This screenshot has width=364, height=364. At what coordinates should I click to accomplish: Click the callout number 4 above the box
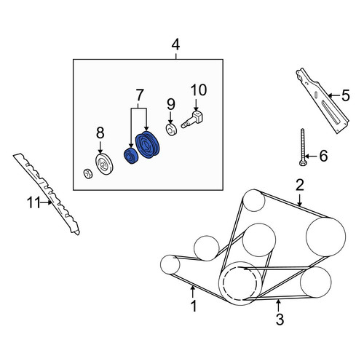[175, 45]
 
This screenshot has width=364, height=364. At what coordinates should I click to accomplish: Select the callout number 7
[140, 95]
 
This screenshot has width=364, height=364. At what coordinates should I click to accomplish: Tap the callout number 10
[199, 90]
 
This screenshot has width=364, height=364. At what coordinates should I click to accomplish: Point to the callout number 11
[33, 202]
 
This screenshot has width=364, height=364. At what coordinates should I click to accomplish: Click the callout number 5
[346, 95]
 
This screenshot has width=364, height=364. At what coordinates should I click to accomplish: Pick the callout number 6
[323, 156]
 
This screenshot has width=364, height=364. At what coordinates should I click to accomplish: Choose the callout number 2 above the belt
[300, 185]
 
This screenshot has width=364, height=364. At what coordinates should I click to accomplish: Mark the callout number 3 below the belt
[280, 320]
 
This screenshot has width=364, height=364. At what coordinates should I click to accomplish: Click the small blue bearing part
[131, 156]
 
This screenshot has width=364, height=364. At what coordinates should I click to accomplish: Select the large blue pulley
[147, 145]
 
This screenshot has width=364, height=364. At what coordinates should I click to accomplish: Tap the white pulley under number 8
[104, 164]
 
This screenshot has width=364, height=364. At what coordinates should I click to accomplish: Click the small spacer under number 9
[171, 130]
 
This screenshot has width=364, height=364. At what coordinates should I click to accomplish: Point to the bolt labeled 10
[192, 119]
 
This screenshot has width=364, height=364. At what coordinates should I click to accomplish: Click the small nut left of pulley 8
[87, 174]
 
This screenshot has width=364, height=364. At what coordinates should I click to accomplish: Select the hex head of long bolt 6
[302, 162]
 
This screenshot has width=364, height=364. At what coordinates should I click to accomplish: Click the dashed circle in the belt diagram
[240, 283]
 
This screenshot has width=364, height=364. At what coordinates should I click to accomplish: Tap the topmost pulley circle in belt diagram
[254, 200]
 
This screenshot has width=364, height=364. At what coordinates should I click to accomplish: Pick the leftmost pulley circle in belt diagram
[170, 265]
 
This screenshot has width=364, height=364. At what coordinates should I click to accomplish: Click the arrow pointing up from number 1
[193, 291]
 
